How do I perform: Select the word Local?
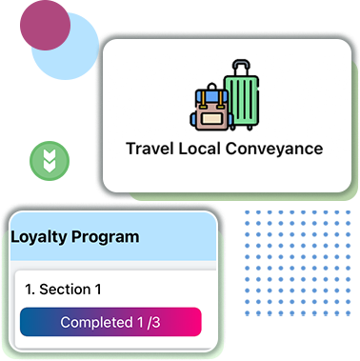202,149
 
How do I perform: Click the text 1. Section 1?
63,289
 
